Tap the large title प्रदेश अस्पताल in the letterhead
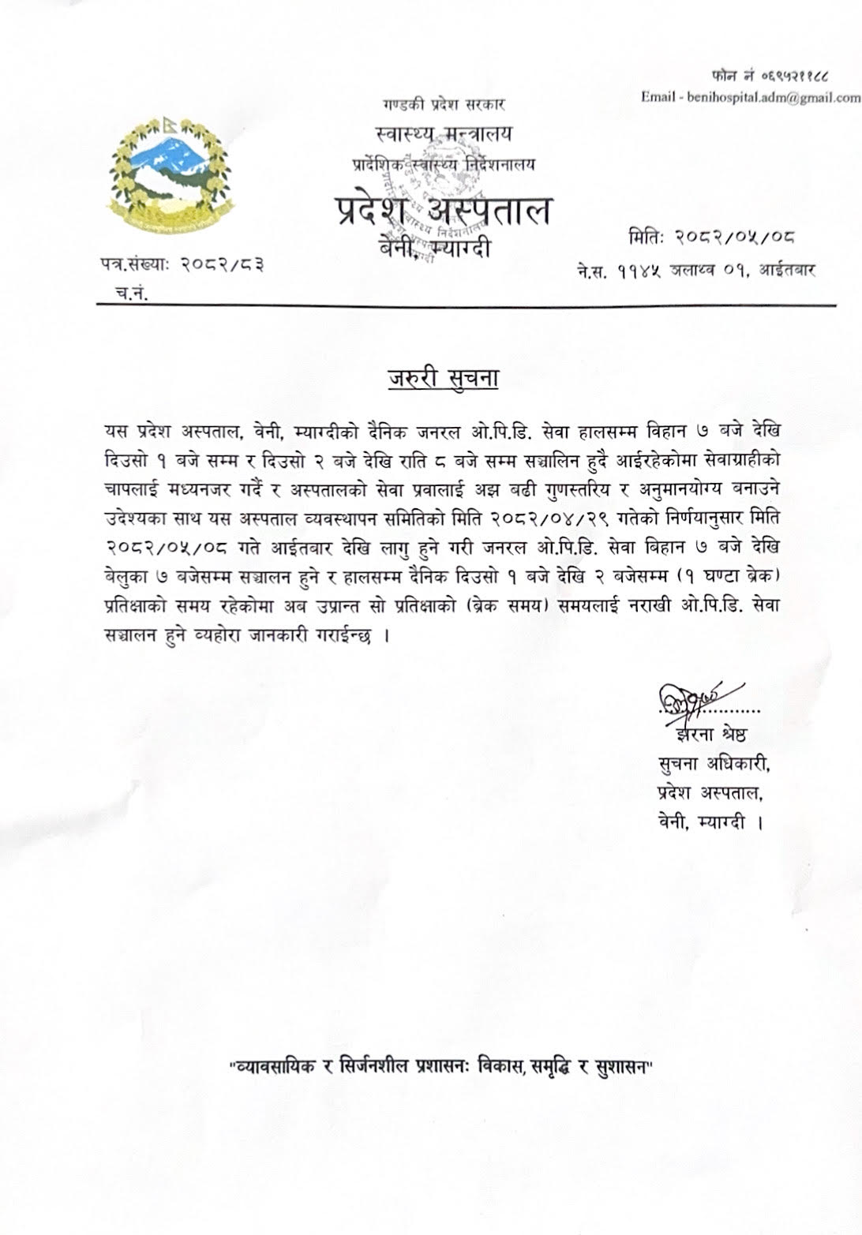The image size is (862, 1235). (443, 211)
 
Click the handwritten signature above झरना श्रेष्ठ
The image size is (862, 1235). (684, 700)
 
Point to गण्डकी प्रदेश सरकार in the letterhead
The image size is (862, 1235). (444, 104)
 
